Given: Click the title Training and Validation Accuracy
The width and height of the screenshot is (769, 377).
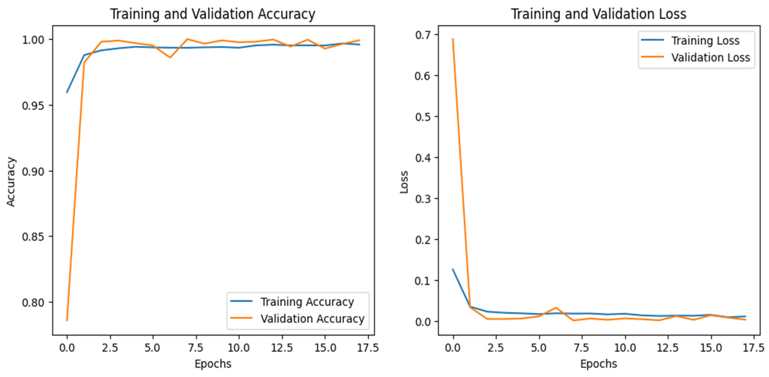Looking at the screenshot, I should [212, 14].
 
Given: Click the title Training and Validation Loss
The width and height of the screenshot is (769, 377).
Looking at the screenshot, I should [598, 14].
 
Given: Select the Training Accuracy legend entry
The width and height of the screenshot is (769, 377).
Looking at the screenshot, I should [307, 302].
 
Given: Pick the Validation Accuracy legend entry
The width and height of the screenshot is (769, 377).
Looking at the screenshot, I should [312, 319].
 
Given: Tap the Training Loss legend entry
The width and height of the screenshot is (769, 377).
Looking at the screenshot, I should [705, 41].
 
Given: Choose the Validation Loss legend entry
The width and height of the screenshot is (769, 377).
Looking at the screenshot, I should [711, 57].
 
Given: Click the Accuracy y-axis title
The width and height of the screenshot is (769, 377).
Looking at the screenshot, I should [11, 182].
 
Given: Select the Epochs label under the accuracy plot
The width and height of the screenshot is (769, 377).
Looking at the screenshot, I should [213, 364].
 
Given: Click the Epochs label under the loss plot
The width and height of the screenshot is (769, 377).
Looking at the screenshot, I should [598, 364].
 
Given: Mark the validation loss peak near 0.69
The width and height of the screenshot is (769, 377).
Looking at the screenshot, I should [453, 39].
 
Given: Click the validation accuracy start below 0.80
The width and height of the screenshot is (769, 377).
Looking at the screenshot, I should [67, 321].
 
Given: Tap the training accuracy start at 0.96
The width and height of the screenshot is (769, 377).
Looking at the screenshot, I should [67, 92].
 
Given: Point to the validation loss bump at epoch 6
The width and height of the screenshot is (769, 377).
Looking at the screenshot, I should [556, 307].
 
